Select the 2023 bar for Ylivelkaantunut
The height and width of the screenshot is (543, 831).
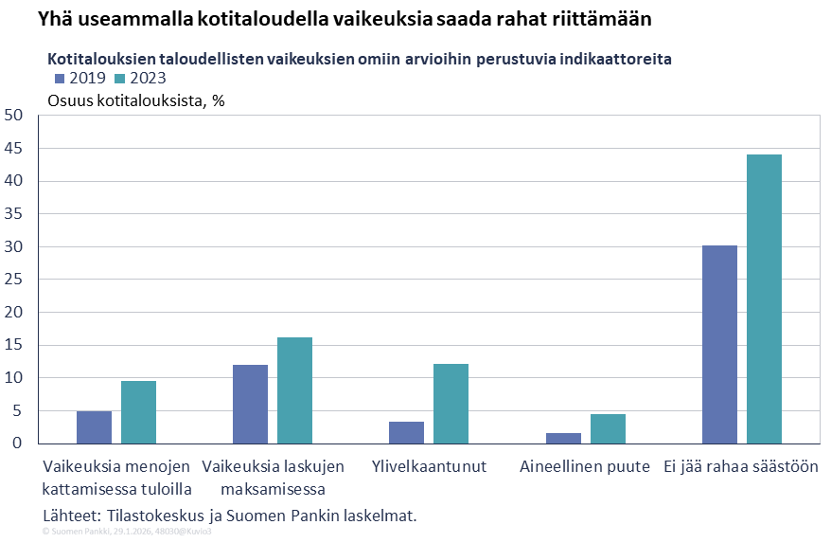pos(451,404)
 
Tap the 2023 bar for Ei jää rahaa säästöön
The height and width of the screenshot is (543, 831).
pos(764,299)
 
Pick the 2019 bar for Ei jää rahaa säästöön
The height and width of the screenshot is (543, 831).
pos(719,345)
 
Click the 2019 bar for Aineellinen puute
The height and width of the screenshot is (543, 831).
pos(563,439)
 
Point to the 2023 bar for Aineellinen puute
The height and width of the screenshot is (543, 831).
pos(608,429)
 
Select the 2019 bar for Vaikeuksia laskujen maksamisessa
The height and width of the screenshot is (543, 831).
pos(250,405)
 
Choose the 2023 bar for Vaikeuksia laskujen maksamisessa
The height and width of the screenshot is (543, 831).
pos(294,390)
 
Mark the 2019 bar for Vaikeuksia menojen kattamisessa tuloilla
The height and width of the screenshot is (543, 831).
pos(94,427)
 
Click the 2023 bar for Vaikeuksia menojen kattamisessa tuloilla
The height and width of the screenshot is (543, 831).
pos(138,412)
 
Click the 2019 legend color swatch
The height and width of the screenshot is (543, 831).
pos(61,79)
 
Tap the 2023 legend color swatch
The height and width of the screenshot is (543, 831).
pos(120,79)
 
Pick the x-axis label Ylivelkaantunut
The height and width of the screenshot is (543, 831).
pos(429,467)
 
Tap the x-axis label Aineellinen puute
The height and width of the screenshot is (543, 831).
pos(585,467)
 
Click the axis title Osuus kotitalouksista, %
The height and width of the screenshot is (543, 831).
pos(135,100)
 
